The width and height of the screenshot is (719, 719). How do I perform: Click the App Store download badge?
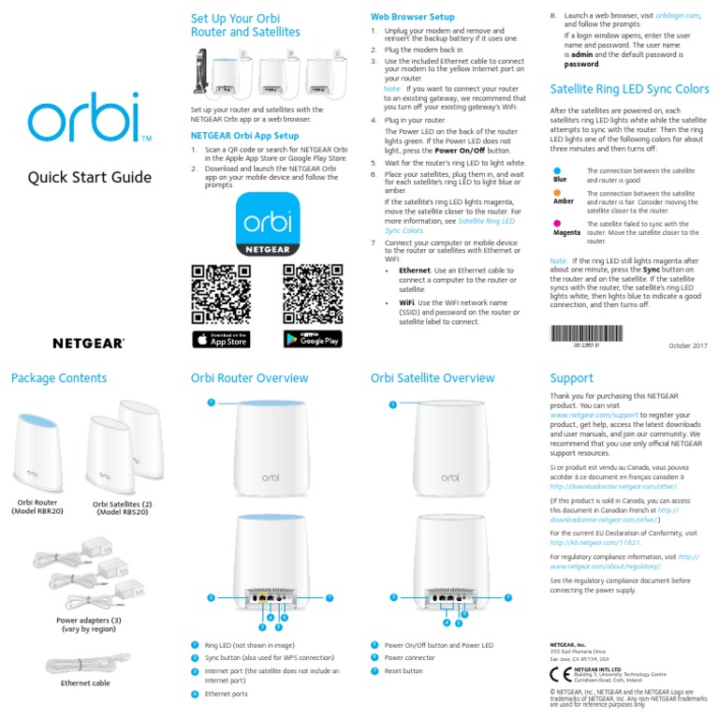point(221,339)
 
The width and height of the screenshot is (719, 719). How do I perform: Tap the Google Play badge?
point(312,339)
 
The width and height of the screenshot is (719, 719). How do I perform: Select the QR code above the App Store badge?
point(221,294)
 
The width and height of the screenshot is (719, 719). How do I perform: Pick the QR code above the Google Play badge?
point(312,294)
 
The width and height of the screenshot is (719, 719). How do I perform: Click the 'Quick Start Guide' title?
point(89,177)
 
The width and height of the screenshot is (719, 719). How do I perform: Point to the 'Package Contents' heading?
point(59,378)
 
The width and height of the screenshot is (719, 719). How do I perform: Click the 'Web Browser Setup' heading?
point(413,17)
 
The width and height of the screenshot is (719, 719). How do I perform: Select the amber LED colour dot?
point(559,193)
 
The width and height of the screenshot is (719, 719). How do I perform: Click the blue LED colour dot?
point(559,170)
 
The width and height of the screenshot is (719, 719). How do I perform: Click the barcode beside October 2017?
point(587,334)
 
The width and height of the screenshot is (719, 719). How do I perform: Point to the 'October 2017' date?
point(688,345)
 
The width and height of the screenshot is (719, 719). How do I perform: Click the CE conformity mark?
point(560,673)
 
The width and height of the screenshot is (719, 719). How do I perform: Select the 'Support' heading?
point(571,378)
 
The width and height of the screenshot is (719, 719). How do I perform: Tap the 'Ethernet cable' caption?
point(85,683)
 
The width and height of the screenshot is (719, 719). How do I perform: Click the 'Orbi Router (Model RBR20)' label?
point(37,506)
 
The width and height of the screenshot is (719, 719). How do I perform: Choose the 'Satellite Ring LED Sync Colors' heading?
point(629,89)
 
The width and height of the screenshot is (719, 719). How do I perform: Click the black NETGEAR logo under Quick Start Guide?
point(89,344)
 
